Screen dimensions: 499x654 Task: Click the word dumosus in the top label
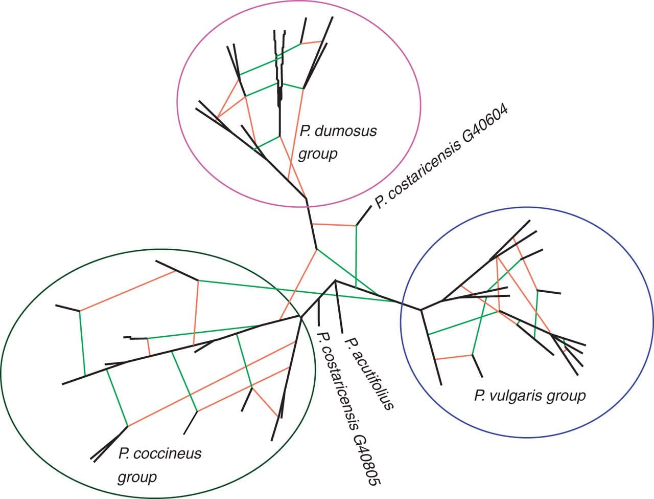[x=346, y=132]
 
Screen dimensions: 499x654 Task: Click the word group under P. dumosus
[x=317, y=154]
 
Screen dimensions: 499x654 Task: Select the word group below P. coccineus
[x=137, y=478]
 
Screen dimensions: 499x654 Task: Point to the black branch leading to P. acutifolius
[x=338, y=307]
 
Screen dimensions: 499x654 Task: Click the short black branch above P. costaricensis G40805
[x=319, y=311]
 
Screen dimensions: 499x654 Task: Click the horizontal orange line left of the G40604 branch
[x=333, y=225]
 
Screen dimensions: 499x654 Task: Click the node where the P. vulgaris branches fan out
[x=421, y=310]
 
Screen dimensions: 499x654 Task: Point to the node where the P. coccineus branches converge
[x=300, y=317]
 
